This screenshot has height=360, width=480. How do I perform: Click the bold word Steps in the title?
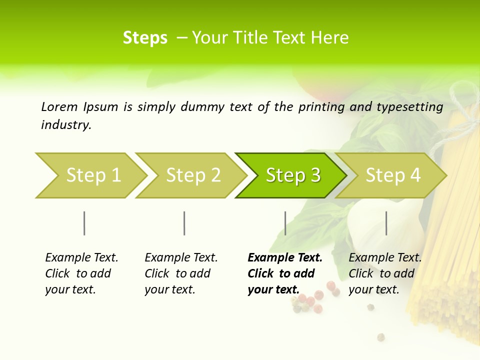coord(145,38)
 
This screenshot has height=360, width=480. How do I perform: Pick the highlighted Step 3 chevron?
coord(293,175)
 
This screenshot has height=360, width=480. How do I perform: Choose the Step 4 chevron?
coord(393,175)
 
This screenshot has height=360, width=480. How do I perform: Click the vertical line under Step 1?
coord(84,223)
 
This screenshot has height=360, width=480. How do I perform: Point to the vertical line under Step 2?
coord(184,223)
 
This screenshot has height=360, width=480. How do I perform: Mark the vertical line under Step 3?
coord(285,223)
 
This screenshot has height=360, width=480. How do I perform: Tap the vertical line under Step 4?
coord(386,223)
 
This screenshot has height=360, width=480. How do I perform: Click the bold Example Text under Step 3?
coord(285,258)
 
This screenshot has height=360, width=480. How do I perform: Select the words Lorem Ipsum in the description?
coord(79,106)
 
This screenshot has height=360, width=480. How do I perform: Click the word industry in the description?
coord(66,125)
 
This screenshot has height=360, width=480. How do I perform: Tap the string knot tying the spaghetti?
coord(462,107)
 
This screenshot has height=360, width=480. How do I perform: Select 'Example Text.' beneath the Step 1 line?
coord(81,258)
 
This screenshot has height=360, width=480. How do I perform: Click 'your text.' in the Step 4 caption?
coord(374,290)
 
